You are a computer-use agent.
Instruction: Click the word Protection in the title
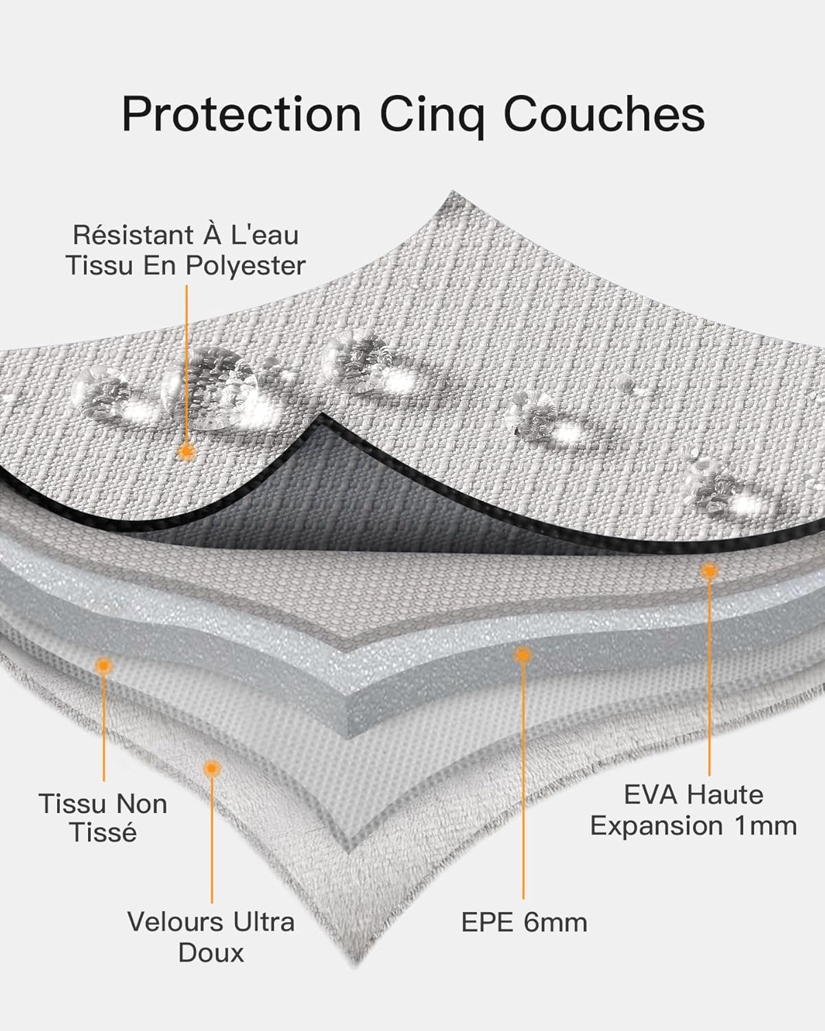(241, 115)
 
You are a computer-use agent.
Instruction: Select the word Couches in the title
(604, 113)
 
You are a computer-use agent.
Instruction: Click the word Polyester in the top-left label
(245, 267)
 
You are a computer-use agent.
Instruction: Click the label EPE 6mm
(524, 922)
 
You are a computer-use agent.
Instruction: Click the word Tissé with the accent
(104, 832)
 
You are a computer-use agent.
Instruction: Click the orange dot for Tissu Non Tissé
(104, 665)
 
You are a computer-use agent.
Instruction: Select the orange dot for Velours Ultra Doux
(211, 768)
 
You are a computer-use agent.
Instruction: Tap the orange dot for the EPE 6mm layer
(523, 655)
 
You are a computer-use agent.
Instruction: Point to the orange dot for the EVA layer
(709, 570)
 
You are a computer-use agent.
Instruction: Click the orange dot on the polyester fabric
(186, 451)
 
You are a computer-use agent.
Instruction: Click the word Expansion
(657, 827)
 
